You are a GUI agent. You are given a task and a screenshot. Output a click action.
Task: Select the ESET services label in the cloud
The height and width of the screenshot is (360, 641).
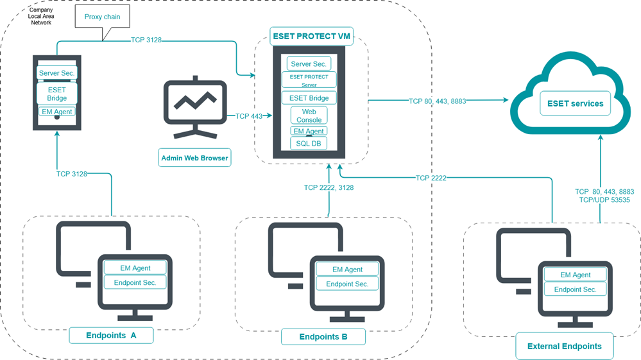(574, 103)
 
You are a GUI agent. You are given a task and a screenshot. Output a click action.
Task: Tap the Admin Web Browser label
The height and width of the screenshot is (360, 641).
(194, 158)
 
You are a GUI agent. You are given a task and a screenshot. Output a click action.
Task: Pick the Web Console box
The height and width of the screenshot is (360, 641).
(309, 116)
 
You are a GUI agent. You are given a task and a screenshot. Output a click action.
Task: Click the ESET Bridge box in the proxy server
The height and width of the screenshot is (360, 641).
(57, 94)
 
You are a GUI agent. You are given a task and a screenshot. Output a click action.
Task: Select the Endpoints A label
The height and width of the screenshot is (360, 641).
(111, 336)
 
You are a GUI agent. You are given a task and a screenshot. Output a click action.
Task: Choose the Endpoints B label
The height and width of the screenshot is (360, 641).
(323, 337)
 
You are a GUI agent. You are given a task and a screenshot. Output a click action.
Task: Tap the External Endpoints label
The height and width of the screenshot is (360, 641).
(564, 346)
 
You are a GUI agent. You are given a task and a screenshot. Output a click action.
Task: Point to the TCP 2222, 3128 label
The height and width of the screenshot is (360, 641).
(329, 187)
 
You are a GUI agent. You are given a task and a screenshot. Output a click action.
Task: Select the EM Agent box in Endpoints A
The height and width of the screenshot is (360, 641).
(135, 268)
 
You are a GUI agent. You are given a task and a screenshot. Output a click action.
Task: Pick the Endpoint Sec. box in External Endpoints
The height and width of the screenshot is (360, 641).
(575, 289)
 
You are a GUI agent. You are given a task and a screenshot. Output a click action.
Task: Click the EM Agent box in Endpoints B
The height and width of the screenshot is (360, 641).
(347, 270)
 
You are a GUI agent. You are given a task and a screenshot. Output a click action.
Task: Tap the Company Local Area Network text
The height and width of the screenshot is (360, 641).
(41, 16)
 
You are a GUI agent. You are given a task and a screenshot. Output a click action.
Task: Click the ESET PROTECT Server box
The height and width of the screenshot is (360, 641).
(309, 80)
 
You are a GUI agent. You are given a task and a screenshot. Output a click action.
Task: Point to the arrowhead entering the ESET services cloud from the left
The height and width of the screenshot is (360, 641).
(506, 100)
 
